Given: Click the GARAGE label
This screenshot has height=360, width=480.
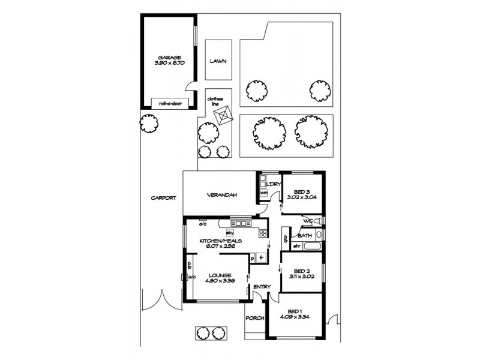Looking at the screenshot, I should [169, 57].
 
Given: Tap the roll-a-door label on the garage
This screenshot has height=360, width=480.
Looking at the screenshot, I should [170, 103].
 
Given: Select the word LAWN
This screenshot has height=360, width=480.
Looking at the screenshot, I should [218, 61].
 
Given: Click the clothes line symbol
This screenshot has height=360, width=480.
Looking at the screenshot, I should [224, 115].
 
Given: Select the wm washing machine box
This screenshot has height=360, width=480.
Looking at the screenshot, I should [263, 193].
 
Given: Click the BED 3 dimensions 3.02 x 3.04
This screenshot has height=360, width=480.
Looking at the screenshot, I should [302, 196].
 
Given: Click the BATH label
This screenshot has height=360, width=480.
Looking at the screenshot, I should [305, 236].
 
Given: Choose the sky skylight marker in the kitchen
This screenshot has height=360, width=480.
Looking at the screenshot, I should [229, 232].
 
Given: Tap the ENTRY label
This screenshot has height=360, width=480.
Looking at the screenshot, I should [262, 287].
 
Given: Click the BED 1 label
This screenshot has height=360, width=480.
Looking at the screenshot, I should [294, 310].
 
